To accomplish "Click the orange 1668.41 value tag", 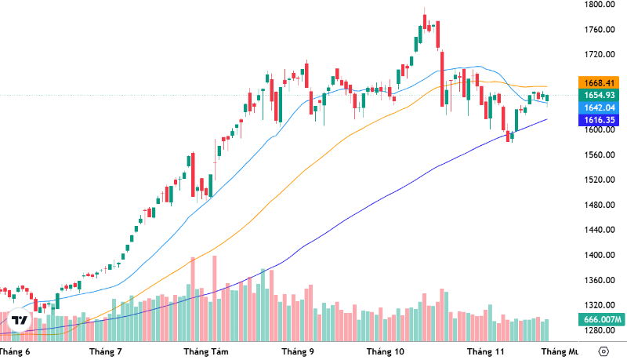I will tap(599, 82).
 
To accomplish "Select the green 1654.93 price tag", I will tap(599, 95).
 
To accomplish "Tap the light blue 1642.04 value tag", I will tap(599, 107).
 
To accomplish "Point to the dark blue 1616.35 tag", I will tap(599, 120).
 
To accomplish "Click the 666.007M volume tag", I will tap(602, 319).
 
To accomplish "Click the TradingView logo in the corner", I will tap(20, 320).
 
